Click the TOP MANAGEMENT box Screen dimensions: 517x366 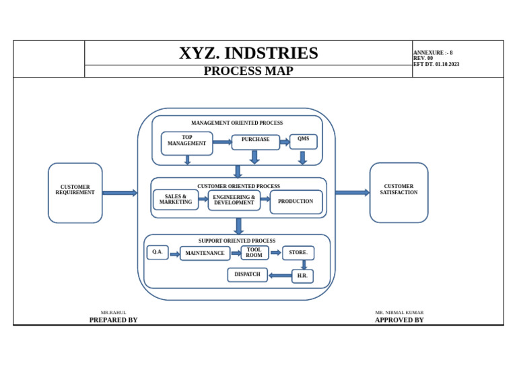[x=187, y=143]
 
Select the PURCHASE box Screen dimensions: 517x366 [x=256, y=142]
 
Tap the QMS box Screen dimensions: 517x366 [x=304, y=142]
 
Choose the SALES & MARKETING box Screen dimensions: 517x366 [x=176, y=200]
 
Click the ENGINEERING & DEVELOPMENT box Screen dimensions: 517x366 [x=234, y=200]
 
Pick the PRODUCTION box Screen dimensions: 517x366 [x=296, y=202]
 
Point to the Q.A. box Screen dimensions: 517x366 [x=158, y=253]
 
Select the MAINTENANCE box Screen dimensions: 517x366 [x=205, y=253]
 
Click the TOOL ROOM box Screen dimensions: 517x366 [x=254, y=253]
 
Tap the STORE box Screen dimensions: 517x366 [x=298, y=253]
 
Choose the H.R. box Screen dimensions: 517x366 [x=302, y=276]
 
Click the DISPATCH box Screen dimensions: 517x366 [x=247, y=274]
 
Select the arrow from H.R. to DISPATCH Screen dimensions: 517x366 [x=280, y=275]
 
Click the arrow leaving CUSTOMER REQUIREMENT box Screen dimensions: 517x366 [x=120, y=193]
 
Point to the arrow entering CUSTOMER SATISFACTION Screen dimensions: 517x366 [x=353, y=192]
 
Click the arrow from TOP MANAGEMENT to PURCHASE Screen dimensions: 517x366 [x=222, y=142]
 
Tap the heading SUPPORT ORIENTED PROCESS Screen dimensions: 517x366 [x=237, y=241]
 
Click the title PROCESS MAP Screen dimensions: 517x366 [x=248, y=71]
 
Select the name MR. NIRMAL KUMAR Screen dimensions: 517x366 [x=399, y=312]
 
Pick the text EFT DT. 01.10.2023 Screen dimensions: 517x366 [x=436, y=64]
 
